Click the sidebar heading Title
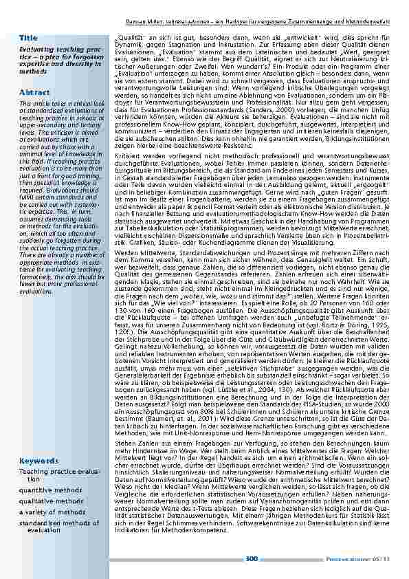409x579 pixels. pyautogui.click(x=28, y=36)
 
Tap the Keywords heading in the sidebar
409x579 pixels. pyautogui.click(x=38, y=460)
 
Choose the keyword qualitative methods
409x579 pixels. pyautogui.click(x=50, y=501)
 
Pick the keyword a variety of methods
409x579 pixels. pyautogui.click(x=52, y=512)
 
